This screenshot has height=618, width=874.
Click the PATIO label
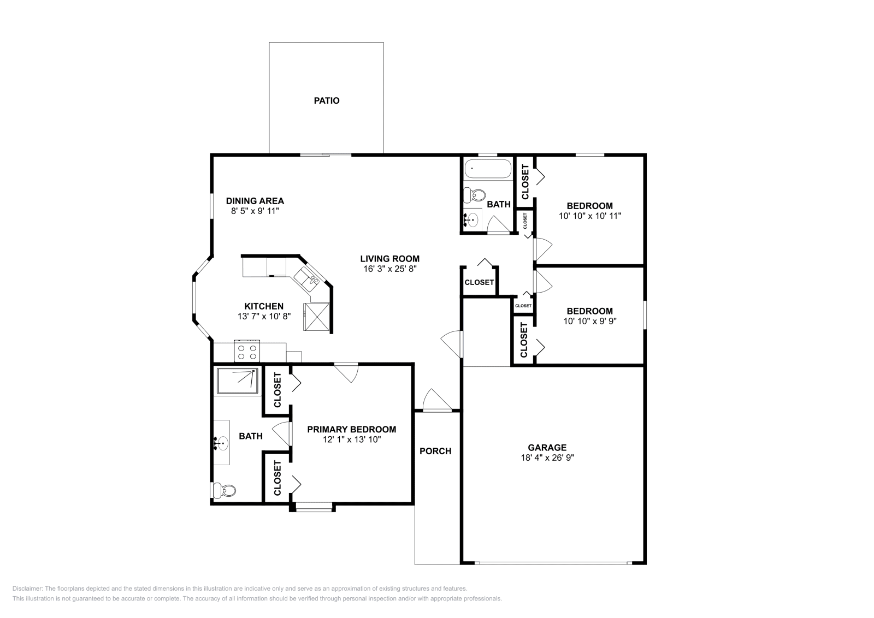(327, 100)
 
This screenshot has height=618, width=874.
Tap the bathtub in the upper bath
(488, 169)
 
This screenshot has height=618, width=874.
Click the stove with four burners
(247, 351)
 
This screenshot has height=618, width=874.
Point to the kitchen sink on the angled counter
(307, 280)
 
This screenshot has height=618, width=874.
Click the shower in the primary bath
(238, 381)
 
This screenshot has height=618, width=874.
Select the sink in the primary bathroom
(222, 443)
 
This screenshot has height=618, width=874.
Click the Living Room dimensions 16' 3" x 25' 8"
(390, 269)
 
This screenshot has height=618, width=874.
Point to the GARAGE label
(547, 448)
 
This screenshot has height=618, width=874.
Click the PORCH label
(435, 451)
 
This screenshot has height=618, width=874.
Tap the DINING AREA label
(255, 201)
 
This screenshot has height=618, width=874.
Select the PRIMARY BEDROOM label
(352, 429)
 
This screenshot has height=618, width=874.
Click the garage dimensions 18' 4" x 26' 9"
(547, 457)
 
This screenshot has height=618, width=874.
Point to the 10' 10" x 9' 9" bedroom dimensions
(589, 321)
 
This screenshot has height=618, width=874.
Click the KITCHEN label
(264, 306)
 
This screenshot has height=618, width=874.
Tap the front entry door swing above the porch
(437, 400)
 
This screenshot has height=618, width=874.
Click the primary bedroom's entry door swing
(346, 373)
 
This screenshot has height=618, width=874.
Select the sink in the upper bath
(472, 220)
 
